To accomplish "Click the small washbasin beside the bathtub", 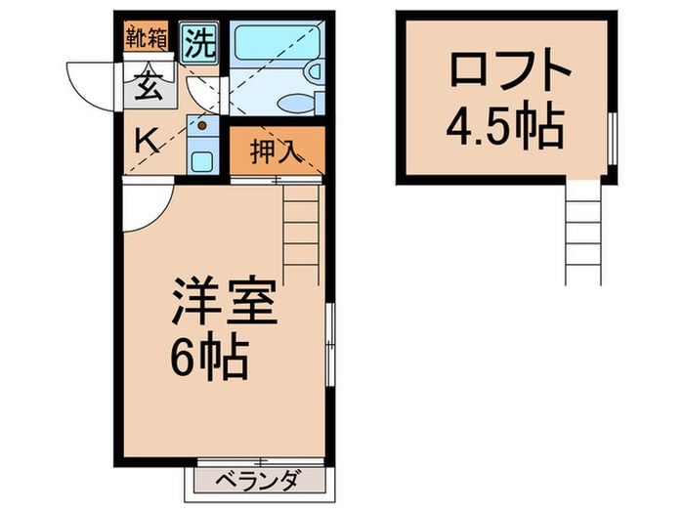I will click(314, 71).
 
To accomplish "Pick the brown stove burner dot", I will click(203, 125).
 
